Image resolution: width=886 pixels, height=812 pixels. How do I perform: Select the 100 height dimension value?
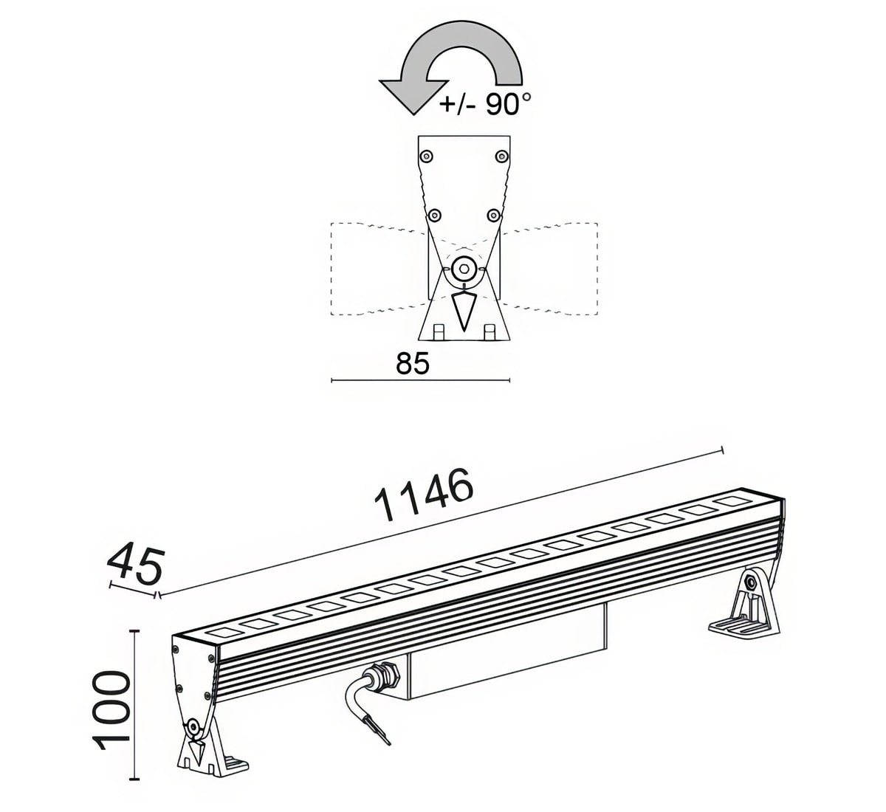114,709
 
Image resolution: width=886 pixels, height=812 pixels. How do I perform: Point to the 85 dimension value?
413,363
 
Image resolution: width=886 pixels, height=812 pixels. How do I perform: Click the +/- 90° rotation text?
485,104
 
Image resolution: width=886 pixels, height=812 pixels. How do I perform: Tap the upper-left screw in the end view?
426,156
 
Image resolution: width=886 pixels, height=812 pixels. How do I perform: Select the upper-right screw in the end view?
502,156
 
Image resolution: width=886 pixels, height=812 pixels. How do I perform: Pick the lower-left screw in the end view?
435,215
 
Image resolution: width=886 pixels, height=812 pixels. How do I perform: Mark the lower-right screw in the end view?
493,215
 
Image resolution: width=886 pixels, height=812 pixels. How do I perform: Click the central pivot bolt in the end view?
464,267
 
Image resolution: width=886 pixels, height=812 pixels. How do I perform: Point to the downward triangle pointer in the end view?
464,310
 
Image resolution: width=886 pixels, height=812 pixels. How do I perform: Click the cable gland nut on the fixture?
384,674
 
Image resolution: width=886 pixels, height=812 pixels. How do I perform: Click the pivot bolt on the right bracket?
751,582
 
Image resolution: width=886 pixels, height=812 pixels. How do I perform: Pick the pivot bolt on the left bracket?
194,728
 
